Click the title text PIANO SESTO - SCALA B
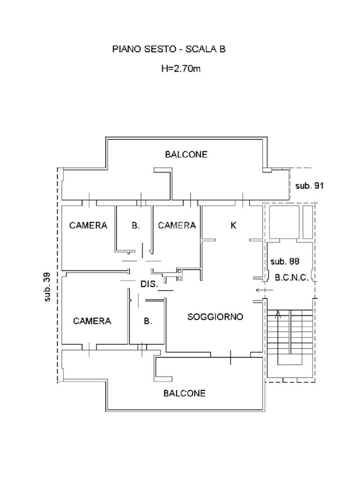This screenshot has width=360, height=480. point(169,49)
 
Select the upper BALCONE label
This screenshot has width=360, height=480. point(186,154)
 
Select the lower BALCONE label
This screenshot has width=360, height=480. point(184,393)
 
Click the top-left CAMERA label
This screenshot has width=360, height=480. point(88,225)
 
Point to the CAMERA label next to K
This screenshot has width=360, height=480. point(177,225)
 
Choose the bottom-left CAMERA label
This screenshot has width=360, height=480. point(92,321)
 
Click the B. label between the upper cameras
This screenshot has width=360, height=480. point(135,225)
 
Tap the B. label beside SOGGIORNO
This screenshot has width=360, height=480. point(148,321)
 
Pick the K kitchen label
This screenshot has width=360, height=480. point(233,225)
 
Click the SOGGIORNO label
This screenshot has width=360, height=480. point(215,317)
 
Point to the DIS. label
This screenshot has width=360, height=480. point(150,284)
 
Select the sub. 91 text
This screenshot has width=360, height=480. point(309,186)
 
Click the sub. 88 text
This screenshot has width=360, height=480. point(285,262)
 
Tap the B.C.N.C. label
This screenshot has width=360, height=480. point(292,277)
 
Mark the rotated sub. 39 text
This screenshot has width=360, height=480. point(47,286)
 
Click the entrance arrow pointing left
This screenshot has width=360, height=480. point(261,290)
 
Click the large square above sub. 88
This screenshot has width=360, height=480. point(284,221)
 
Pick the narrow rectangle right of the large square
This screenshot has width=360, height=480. point(307,221)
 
